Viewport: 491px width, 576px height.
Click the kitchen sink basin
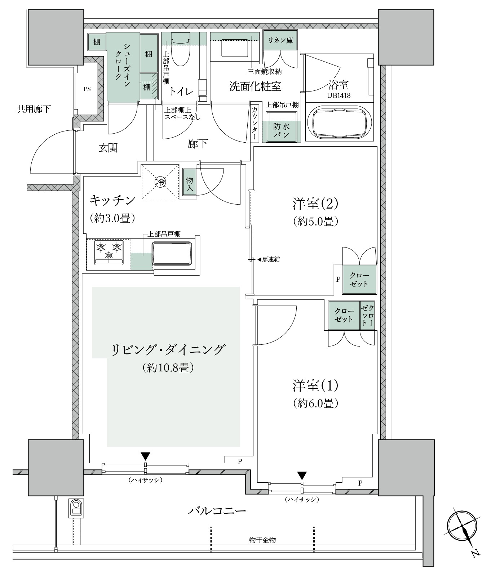pos(172,254)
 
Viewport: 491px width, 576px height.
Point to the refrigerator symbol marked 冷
pos(160,182)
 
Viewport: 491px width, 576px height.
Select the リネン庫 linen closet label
pos(280,40)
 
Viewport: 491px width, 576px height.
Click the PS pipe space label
pos(87,89)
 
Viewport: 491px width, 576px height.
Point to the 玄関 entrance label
pos(108,148)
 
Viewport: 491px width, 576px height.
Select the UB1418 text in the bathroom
pos(339,96)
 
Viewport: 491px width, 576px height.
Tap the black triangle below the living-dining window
pos(145,456)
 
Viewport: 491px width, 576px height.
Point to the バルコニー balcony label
pos(217,511)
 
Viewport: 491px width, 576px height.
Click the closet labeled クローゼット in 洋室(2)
pos(359,280)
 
